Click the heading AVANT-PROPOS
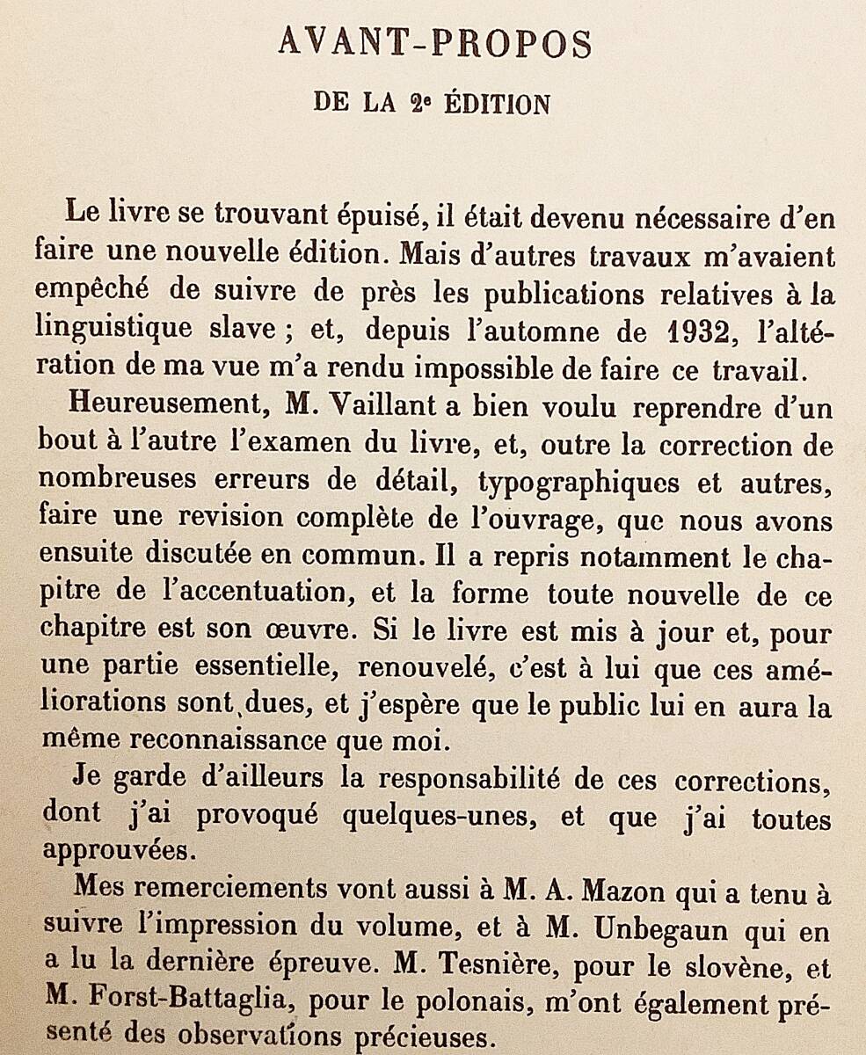435,44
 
